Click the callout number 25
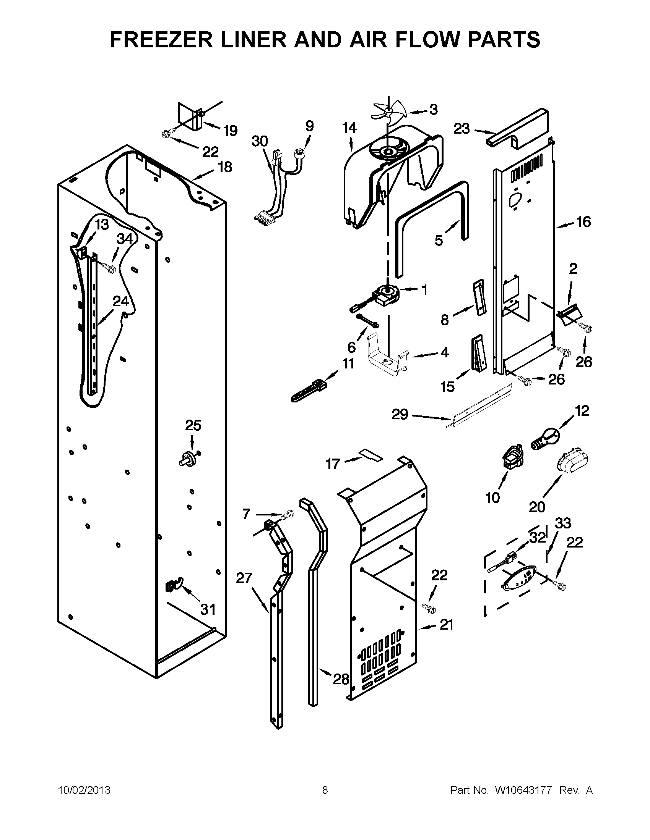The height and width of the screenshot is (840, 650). tap(193, 425)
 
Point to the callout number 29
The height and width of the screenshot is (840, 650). tap(400, 414)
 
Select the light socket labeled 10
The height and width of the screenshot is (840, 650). tap(512, 457)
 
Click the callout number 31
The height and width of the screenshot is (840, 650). tap(208, 609)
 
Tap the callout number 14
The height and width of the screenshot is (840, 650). tap(349, 128)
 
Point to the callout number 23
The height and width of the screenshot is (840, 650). tap(462, 128)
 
